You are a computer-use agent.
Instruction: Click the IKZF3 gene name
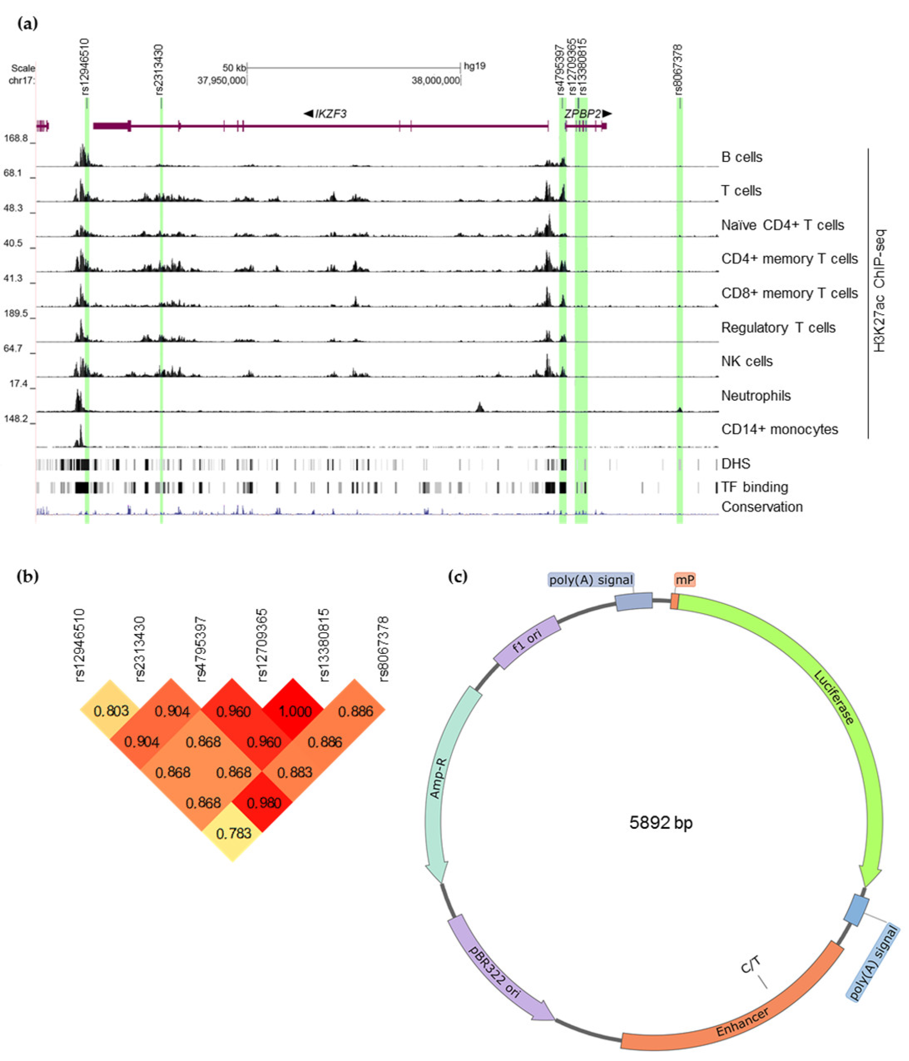pos(331,114)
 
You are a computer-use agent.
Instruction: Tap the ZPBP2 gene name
pos(582,114)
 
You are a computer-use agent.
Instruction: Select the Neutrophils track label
pos(755,395)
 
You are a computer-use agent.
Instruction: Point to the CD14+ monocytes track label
pos(779,429)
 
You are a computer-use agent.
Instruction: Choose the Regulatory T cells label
pos(778,327)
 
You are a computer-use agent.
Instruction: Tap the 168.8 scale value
pos(16,138)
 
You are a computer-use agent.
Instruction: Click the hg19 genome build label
pos(474,66)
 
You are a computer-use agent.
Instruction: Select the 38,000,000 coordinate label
pos(436,80)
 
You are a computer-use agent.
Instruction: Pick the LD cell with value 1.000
pos(294,711)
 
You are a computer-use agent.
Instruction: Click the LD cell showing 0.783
pos(233,834)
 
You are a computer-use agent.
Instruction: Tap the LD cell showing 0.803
pos(111,711)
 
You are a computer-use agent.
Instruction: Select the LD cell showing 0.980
pos(264,803)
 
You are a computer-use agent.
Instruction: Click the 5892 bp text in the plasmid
pos(660,822)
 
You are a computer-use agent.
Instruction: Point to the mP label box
pos(684,580)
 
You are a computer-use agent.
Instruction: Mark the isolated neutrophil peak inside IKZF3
pos(480,407)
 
